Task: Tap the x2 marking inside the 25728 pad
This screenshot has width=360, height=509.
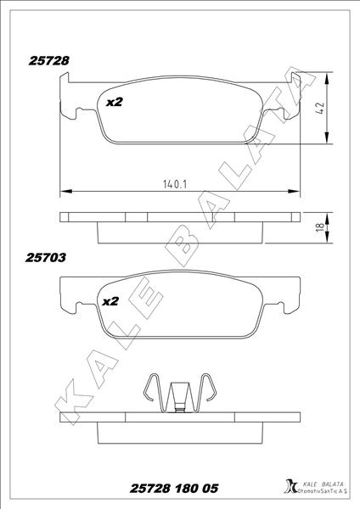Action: point(114,102)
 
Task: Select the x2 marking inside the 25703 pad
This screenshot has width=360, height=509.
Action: point(110,301)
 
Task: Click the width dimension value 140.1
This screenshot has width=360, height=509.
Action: point(174,182)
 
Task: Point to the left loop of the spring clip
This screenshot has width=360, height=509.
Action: point(151,390)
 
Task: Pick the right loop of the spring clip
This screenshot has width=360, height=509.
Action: point(209,390)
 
